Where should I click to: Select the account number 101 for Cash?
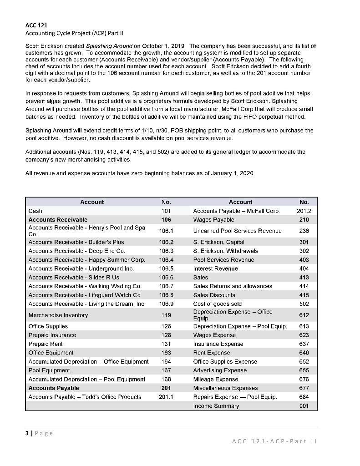pyautogui.click(x=166, y=211)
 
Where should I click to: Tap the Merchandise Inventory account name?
pyautogui.click(x=58, y=315)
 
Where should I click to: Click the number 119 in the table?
pyautogui.click(x=166, y=315)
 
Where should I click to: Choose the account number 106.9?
pyautogui.click(x=166, y=304)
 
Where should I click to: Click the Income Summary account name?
pyautogui.click(x=216, y=406)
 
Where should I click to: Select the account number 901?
pyautogui.click(x=304, y=406)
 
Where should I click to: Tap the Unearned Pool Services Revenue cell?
pyautogui.click(x=238, y=231)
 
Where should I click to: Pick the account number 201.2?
pyautogui.click(x=304, y=211)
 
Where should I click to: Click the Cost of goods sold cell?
pyautogui.click(x=218, y=304)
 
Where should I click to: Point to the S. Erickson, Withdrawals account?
pyautogui.click(x=225, y=251)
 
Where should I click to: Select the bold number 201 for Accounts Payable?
pyautogui.click(x=166, y=388)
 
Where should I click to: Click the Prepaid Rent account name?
pyautogui.click(x=46, y=344)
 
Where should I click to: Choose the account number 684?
pyautogui.click(x=304, y=397)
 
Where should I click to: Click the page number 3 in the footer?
pyautogui.click(x=27, y=433)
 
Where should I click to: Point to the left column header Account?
pyautogui.click(x=92, y=202)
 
